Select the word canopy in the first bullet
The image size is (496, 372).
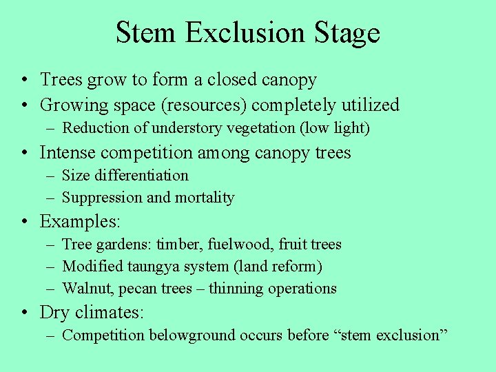coord(289,81)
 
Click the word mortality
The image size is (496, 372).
coord(205,198)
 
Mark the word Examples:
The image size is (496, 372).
coord(80,222)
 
